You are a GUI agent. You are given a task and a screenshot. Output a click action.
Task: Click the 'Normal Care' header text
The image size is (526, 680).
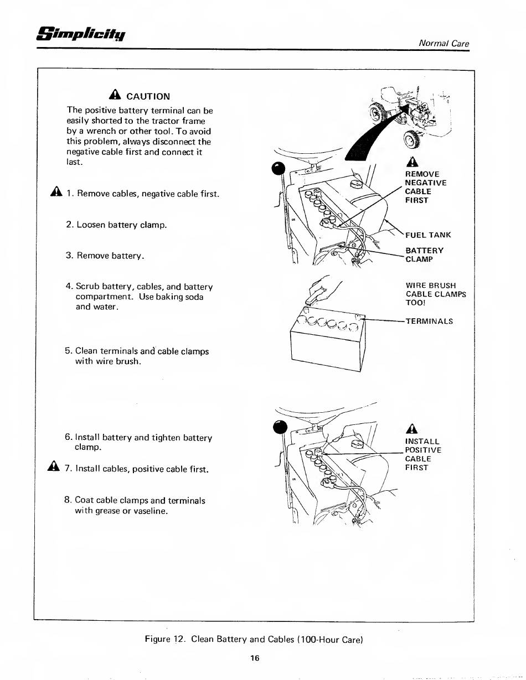[x=444, y=43]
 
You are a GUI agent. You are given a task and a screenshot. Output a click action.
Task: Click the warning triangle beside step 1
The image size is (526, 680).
[x=56, y=193]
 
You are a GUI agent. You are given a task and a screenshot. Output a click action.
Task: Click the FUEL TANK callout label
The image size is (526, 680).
[x=428, y=235]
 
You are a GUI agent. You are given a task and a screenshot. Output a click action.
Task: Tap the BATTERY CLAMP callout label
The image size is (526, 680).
[x=424, y=255]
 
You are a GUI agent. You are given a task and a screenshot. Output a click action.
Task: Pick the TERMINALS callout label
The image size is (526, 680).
[x=429, y=321]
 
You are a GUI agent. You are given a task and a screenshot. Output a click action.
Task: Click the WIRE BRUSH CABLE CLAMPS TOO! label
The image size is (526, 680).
[x=435, y=294]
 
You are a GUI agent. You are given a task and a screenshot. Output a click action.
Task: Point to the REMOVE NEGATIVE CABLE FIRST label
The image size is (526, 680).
[x=425, y=187]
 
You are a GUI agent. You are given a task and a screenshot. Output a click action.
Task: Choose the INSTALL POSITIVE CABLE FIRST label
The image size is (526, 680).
[x=423, y=454]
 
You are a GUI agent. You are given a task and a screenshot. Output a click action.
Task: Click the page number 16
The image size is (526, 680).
[x=255, y=658]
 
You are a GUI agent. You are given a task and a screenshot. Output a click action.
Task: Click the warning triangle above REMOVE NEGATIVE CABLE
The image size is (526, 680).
[x=410, y=162]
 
